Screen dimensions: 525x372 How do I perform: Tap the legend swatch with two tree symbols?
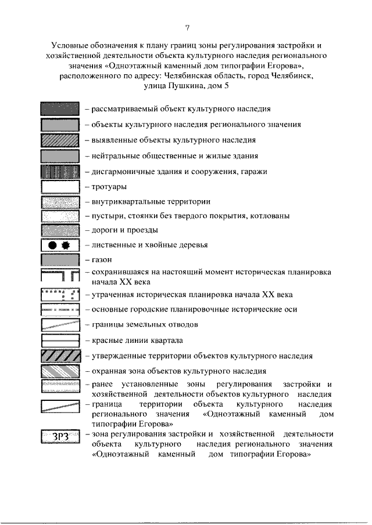[60, 245]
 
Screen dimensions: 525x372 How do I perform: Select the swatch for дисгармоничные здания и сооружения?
[60, 172]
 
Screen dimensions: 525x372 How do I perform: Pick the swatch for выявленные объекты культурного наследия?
[60, 140]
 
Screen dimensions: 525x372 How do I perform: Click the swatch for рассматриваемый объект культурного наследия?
[60, 108]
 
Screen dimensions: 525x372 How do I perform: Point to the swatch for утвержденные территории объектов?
[60, 356]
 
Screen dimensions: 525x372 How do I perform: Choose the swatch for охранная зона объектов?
[60, 371]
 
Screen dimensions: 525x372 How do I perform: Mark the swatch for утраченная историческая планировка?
[60, 295]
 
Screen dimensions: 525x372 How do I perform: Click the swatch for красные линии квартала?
[60, 340]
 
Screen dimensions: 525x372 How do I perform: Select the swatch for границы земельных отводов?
[60, 325]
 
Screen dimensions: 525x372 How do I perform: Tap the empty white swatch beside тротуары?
[60, 187]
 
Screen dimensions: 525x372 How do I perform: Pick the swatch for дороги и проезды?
[60, 231]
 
